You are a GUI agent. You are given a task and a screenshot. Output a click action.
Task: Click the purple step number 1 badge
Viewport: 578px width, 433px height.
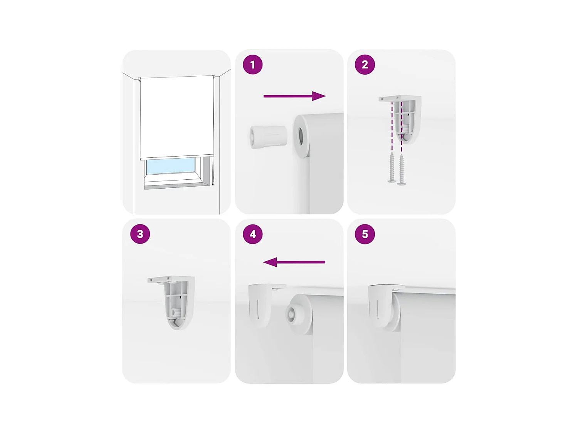point(253,65)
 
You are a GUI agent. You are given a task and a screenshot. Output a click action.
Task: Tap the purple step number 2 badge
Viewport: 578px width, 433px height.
point(365,65)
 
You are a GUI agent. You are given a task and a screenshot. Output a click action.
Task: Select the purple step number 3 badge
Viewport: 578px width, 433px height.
point(140,234)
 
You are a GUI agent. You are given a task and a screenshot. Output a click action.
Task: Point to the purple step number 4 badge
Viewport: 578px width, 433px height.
point(253,234)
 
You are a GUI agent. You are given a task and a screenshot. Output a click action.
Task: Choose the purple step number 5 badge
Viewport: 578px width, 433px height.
point(365,234)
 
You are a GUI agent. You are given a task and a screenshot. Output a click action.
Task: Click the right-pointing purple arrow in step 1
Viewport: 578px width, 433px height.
point(294,96)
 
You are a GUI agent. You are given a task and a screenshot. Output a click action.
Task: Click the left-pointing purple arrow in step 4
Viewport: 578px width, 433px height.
point(294,262)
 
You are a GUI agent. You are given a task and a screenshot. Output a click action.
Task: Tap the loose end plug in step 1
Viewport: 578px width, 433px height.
point(268,137)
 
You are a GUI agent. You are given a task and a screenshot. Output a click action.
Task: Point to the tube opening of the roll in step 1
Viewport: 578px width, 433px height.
point(301,137)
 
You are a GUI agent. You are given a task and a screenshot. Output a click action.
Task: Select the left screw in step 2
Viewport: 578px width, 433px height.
point(392,168)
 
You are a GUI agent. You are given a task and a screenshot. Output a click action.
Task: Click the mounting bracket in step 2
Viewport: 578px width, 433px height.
point(405,115)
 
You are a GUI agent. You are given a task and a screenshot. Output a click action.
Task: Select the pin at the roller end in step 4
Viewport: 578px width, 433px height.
point(291,314)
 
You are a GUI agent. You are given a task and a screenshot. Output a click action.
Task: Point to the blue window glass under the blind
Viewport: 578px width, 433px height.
point(170,166)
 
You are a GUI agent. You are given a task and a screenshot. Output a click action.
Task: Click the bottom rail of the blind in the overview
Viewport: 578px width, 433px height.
point(176,157)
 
